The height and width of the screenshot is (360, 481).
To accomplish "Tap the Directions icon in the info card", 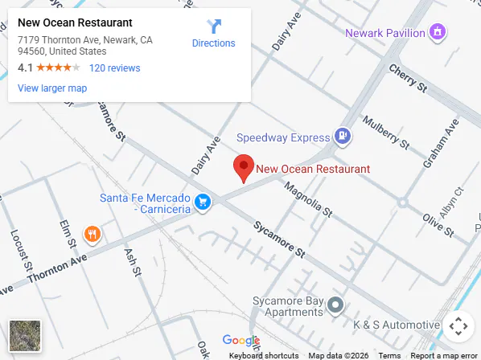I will coord(214,27).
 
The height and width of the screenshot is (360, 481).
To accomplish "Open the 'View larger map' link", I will coord(52,88).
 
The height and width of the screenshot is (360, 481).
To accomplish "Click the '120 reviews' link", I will coord(114,68).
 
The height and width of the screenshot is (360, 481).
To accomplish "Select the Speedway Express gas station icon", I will coord(343,137).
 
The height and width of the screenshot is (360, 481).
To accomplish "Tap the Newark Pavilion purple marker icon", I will coord(438,33).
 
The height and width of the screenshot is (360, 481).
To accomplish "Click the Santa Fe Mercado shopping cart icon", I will coord(204,202).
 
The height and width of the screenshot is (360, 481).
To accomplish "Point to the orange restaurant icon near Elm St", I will coord(92,235).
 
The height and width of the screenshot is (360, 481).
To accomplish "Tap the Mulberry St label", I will coord(386,133).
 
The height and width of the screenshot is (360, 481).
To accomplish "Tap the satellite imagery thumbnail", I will coord(24,335).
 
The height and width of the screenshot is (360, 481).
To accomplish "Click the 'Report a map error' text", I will coord(444,355).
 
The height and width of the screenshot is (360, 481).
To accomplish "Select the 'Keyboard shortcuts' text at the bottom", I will coord(264,355).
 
